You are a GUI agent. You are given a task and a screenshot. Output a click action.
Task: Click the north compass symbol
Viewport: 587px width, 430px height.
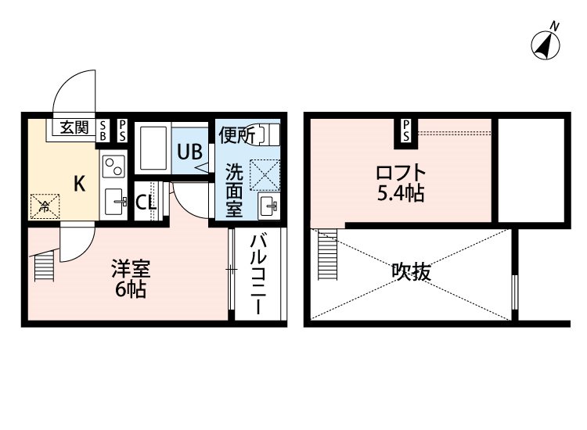pos(546,45)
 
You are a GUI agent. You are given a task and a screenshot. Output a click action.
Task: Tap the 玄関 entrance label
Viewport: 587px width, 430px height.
pos(74,128)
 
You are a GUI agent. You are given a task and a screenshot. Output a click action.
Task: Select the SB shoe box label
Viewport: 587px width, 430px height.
pos(103,131)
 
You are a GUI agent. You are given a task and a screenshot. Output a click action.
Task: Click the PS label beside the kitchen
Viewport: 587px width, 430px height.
pos(122,131)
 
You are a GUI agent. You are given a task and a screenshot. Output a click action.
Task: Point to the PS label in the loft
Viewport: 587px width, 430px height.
pos(406,131)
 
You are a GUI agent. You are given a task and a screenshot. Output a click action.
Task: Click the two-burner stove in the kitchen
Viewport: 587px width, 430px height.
pos(113,166)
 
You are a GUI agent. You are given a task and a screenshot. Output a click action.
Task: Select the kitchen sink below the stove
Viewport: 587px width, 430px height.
pos(113,202)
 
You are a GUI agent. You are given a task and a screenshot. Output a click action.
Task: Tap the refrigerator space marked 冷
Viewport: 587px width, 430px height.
pos(45,206)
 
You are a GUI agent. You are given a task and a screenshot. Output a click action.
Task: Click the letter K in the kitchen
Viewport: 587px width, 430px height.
pos(79,184)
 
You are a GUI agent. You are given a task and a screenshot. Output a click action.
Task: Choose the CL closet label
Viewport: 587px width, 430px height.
pos(146,202)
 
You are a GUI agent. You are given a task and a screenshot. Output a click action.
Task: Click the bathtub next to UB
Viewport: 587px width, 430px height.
pos(153,149)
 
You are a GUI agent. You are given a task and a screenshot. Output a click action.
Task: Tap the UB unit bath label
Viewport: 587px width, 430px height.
pos(190,152)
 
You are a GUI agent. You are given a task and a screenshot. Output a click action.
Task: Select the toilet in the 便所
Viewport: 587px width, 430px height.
pos(268,134)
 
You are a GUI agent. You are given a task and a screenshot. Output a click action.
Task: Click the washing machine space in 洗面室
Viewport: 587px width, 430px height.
pos(265,174)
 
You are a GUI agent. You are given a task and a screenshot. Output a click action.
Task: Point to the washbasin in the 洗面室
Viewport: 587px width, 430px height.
pos(268,205)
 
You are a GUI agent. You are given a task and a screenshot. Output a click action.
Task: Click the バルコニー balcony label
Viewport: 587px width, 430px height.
pos(258,274)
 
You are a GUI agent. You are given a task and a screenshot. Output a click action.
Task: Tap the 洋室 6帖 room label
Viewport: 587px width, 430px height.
pos(131,278)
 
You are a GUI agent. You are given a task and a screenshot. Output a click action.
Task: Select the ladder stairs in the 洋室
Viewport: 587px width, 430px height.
pos(45,266)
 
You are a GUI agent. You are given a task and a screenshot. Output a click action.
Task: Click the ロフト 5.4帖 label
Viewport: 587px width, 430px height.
pos(401,183)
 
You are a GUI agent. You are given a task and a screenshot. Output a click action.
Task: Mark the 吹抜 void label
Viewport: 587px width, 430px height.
pos(411,272)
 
